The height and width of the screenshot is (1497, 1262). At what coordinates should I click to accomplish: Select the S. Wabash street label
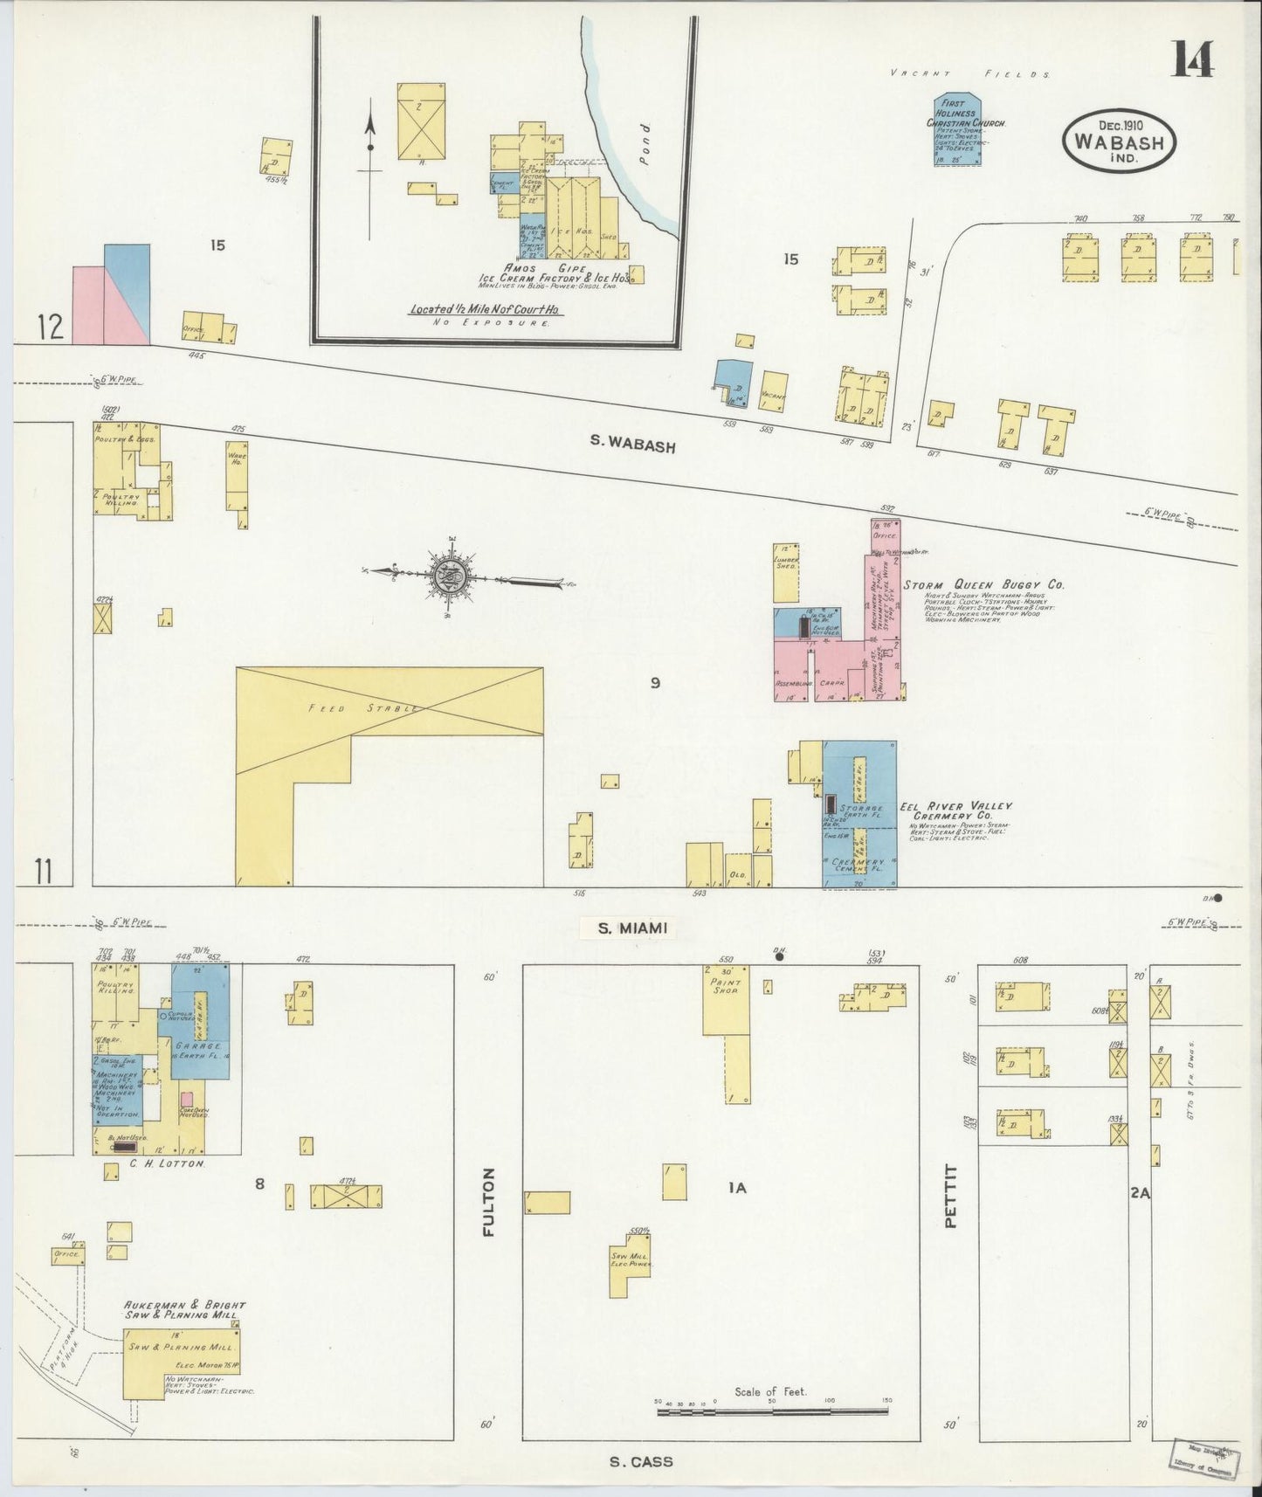click(x=632, y=445)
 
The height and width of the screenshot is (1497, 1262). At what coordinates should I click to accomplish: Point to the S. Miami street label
click(x=633, y=928)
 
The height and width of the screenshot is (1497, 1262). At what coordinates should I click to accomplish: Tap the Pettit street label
click(x=952, y=1196)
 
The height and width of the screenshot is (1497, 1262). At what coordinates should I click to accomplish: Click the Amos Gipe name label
click(x=548, y=267)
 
